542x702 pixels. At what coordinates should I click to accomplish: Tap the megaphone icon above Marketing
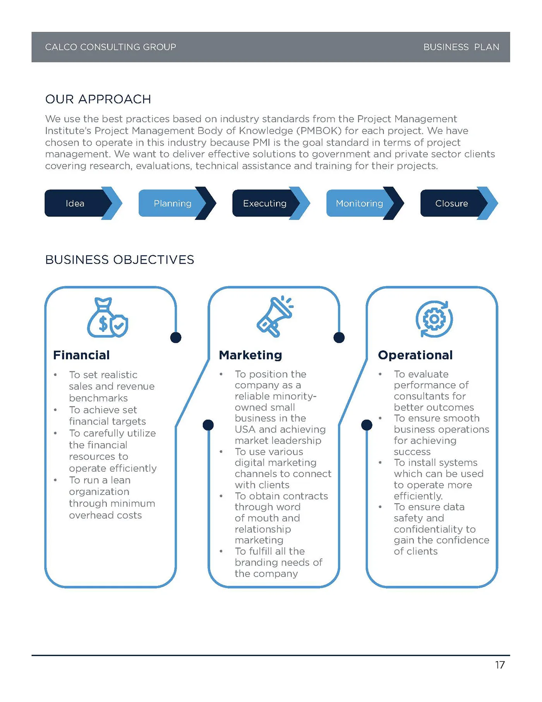pyautogui.click(x=275, y=317)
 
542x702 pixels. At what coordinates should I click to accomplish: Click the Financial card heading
pyautogui.click(x=81, y=355)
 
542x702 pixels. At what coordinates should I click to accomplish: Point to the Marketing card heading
pyautogui.click(x=250, y=355)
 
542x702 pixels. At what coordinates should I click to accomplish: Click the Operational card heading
pyautogui.click(x=415, y=355)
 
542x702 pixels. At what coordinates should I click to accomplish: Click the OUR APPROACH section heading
pyautogui.click(x=98, y=99)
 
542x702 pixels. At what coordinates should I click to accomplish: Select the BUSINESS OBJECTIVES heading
pyautogui.click(x=120, y=260)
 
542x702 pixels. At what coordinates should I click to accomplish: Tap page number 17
pyautogui.click(x=500, y=665)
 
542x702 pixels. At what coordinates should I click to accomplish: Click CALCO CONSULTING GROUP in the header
pyautogui.click(x=111, y=47)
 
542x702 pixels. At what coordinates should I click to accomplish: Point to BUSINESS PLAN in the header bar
pyautogui.click(x=461, y=47)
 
